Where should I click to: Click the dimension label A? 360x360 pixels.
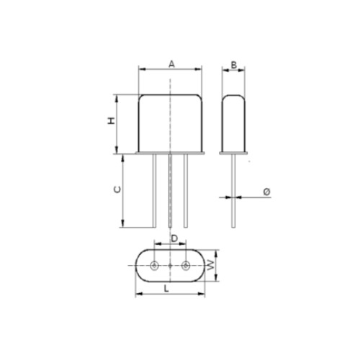point(171,63)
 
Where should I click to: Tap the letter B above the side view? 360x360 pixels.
point(233,65)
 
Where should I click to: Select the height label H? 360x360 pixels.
point(112,122)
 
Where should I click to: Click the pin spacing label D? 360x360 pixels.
point(174,237)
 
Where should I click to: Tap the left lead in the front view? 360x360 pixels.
point(154,191)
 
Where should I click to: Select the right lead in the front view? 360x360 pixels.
point(186,191)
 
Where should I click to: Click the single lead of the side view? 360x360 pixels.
point(234,191)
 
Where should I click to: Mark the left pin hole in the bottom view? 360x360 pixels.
point(155,266)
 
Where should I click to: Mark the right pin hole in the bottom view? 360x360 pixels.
point(186,266)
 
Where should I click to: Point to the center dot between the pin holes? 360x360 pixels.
point(171,266)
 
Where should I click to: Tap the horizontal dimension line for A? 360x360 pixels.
point(151,70)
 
